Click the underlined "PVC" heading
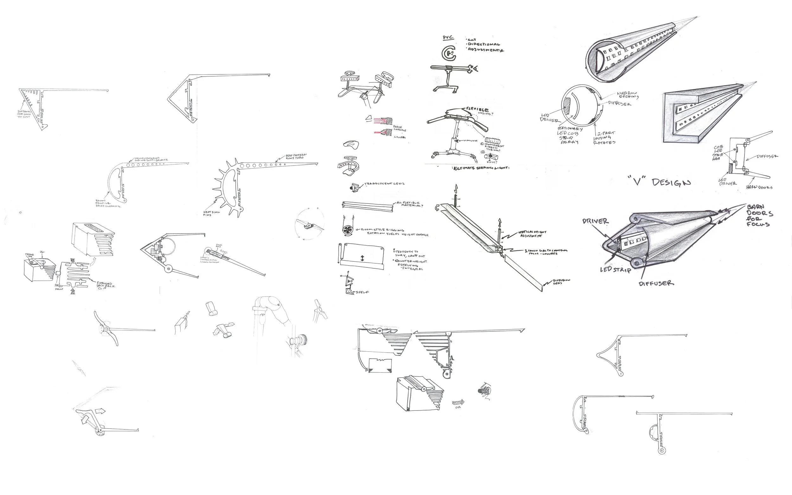pos(448,38)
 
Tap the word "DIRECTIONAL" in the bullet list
pos(484,44)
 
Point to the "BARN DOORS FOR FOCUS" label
pos(760,216)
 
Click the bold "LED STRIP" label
pos(615,269)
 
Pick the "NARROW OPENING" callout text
pos(628,95)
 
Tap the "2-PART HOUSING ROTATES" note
pos(604,138)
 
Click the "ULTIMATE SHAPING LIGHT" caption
pos(481,168)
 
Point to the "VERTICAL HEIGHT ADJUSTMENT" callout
pos(532,234)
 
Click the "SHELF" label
pos(362,292)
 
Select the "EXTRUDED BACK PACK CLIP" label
pos(105,285)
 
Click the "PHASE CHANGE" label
pos(399,128)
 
